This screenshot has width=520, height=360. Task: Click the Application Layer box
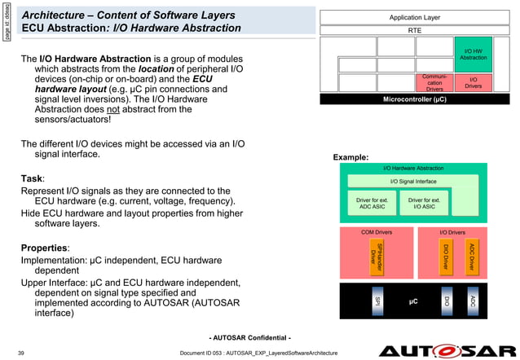pyautogui.click(x=415, y=15)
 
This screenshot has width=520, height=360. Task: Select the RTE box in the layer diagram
pyautogui.click(x=415, y=30)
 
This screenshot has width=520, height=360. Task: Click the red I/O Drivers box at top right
pyautogui.click(x=474, y=82)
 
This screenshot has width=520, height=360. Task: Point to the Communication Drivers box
pyautogui.click(x=434, y=82)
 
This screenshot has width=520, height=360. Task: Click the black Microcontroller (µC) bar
pyautogui.click(x=415, y=99)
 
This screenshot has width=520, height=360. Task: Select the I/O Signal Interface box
pyautogui.click(x=413, y=181)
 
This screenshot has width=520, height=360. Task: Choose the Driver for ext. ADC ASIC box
pyautogui.click(x=375, y=204)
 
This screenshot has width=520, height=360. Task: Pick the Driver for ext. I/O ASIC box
pyautogui.click(x=424, y=204)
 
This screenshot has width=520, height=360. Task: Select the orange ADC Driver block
pyautogui.click(x=471, y=257)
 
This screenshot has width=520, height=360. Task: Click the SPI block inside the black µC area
pyautogui.click(x=377, y=301)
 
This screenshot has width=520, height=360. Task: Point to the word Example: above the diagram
pyautogui.click(x=350, y=156)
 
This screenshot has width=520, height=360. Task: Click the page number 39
pyautogui.click(x=20, y=351)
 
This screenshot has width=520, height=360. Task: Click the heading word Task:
pyautogui.click(x=33, y=178)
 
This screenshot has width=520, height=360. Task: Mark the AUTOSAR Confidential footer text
pyautogui.click(x=250, y=337)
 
